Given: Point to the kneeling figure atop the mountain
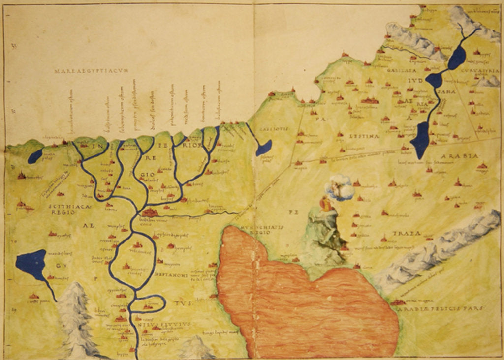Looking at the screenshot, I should tap(326, 204).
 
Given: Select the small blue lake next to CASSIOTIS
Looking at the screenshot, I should tap(263, 148).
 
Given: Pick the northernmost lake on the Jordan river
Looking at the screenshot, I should tap(457, 58).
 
